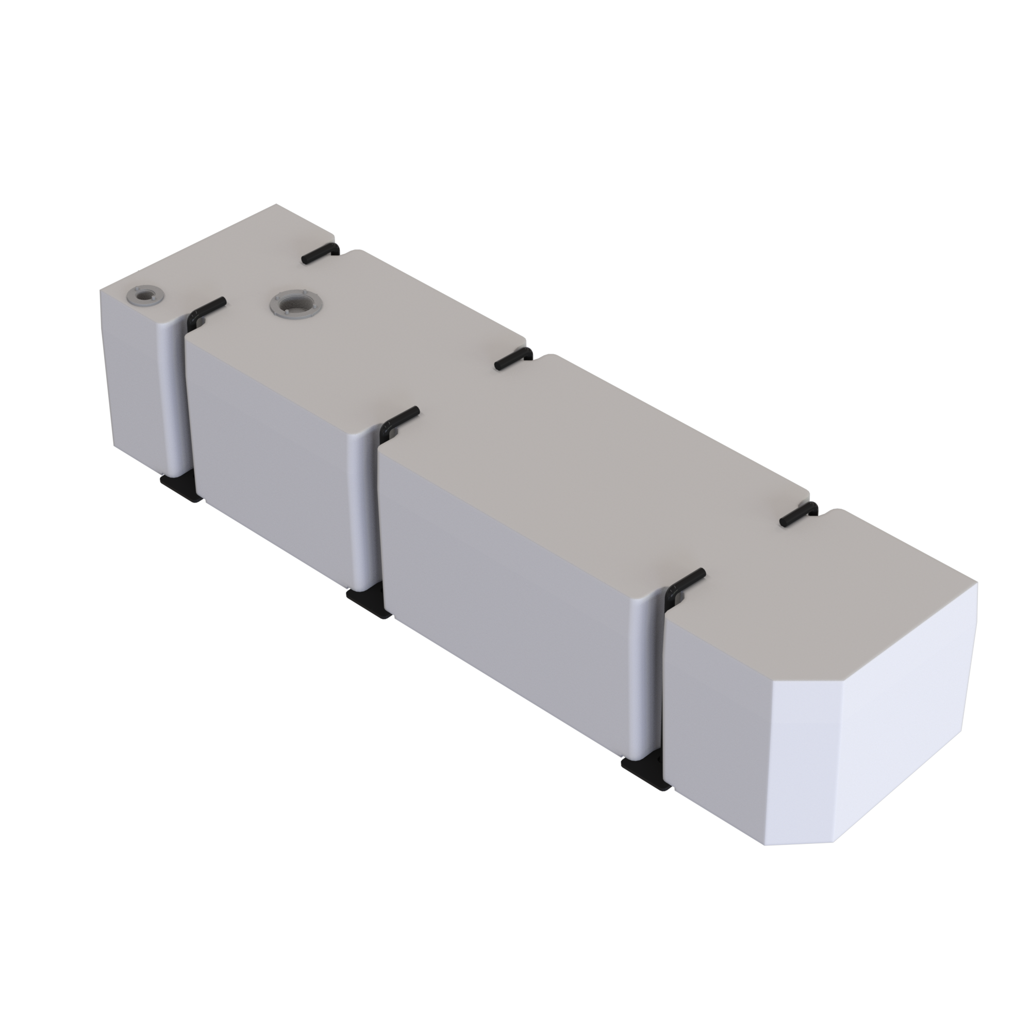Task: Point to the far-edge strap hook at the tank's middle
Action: [x=513, y=359]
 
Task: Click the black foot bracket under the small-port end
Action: [x=180, y=487]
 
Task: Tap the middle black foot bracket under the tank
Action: [x=368, y=603]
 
